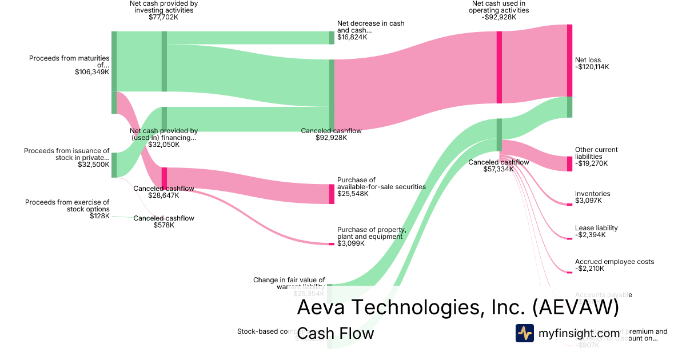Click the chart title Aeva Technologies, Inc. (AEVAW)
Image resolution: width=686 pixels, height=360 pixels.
pos(457,307)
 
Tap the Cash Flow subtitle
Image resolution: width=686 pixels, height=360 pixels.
pos(336,333)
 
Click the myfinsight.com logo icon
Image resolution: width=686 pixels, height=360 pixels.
pos(524,333)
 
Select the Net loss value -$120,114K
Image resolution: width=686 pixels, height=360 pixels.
pos(592,67)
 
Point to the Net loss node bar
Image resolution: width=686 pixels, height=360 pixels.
pos(569,60)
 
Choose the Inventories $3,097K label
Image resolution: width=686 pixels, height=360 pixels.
pos(592,197)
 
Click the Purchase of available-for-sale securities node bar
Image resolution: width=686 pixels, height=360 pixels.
pos(332,194)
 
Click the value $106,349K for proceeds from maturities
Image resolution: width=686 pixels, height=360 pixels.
pos(92,72)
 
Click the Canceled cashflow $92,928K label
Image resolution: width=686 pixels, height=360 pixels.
pos(331,134)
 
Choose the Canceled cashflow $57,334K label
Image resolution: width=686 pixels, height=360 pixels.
pos(498,166)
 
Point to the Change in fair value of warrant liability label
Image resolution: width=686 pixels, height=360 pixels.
pos(289,283)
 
